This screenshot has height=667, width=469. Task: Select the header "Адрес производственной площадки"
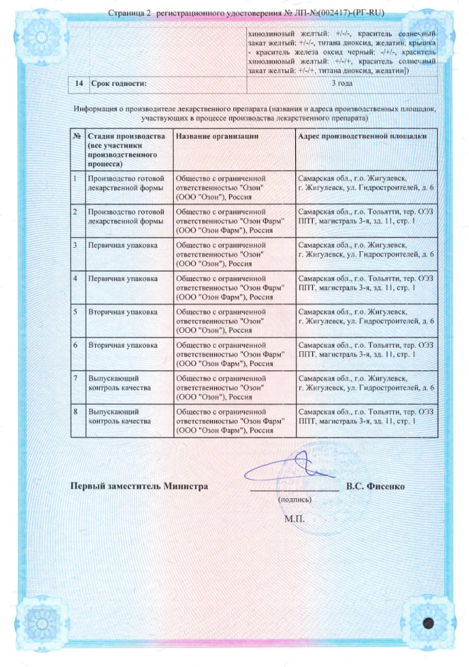click(x=363, y=136)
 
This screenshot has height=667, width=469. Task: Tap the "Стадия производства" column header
click(x=126, y=136)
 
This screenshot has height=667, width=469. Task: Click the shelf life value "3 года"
click(x=342, y=84)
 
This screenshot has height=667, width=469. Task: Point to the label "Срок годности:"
click(x=118, y=84)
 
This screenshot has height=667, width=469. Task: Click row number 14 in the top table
click(x=79, y=84)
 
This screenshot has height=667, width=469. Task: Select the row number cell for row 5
click(x=76, y=312)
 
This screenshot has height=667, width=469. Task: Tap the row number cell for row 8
click(x=76, y=412)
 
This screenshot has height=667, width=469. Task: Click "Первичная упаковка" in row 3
click(x=122, y=245)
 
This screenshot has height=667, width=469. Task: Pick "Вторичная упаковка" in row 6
click(x=122, y=345)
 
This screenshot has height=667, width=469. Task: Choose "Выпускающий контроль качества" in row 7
click(x=119, y=383)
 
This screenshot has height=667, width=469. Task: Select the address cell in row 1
click(x=366, y=183)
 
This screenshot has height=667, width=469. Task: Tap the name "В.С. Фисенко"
click(x=375, y=487)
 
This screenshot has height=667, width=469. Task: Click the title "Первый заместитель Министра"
click(x=138, y=487)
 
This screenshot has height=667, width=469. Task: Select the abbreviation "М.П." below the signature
click(x=294, y=519)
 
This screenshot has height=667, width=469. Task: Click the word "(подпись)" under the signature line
click(x=294, y=500)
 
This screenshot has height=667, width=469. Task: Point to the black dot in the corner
click(x=429, y=622)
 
